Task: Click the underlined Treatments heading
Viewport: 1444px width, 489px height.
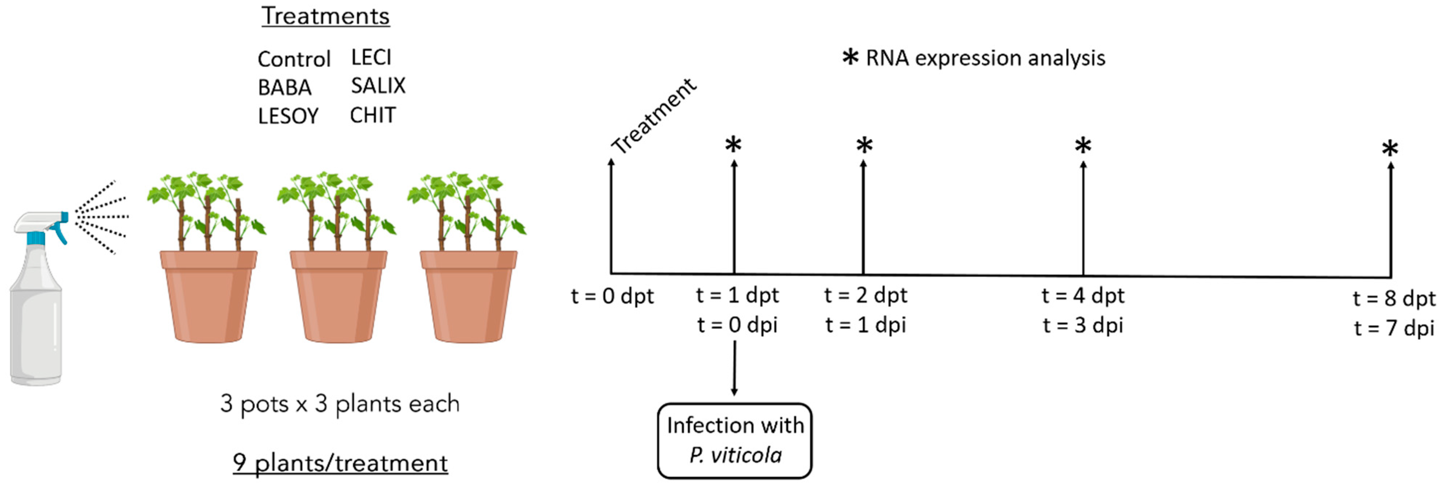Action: [x=325, y=16]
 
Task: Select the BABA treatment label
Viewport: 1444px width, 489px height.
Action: [x=284, y=87]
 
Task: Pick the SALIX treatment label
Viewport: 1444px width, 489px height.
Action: [x=378, y=86]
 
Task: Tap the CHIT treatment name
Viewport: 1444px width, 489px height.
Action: [x=373, y=115]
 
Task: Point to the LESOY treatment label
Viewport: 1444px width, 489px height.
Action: [x=288, y=116]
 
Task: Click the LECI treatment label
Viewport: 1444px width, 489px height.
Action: [x=371, y=57]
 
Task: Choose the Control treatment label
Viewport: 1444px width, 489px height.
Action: [x=294, y=59]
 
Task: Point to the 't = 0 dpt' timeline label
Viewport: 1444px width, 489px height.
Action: [x=612, y=296]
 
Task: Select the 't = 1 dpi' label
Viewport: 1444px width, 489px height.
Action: [x=865, y=325]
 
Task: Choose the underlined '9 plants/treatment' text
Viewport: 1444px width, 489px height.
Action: [x=340, y=463]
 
